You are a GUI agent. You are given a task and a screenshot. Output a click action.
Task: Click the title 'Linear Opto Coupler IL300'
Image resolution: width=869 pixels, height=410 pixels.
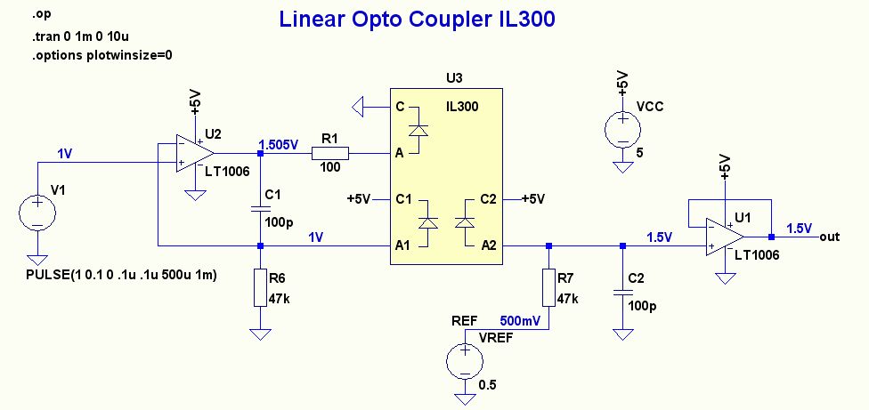coord(417,20)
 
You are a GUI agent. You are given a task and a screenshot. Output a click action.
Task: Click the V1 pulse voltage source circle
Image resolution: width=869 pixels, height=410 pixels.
coord(37,214)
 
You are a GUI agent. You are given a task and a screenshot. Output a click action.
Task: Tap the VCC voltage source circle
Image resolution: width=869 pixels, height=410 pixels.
coord(620,130)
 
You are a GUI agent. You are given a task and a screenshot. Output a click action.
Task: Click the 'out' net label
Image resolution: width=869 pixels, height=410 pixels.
coord(830,237)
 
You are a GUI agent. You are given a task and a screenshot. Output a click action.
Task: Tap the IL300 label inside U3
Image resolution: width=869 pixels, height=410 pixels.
coord(462,107)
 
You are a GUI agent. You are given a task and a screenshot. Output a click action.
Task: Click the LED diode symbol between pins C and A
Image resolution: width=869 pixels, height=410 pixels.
coord(424,130)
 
